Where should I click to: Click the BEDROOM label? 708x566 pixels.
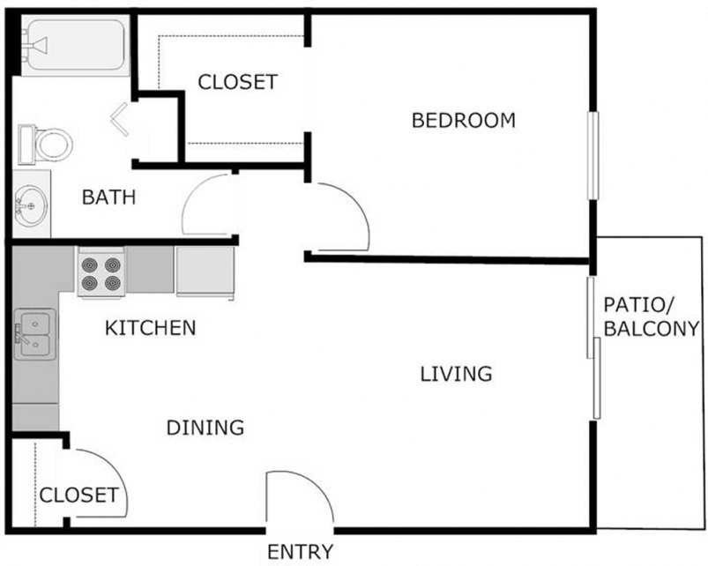[463, 121]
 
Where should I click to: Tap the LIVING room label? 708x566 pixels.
[455, 374]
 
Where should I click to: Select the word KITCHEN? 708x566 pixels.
[150, 329]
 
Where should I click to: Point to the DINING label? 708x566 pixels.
[205, 428]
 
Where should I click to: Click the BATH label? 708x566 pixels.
[108, 197]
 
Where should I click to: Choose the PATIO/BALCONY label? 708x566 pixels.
[651, 317]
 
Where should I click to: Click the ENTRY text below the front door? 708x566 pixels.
[301, 553]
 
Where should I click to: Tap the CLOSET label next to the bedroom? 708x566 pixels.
[237, 83]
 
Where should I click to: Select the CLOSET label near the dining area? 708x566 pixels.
[78, 495]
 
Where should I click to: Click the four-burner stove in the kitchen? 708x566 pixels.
[101, 273]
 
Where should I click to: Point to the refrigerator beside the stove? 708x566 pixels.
[204, 272]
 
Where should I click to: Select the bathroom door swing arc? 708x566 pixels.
[208, 205]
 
